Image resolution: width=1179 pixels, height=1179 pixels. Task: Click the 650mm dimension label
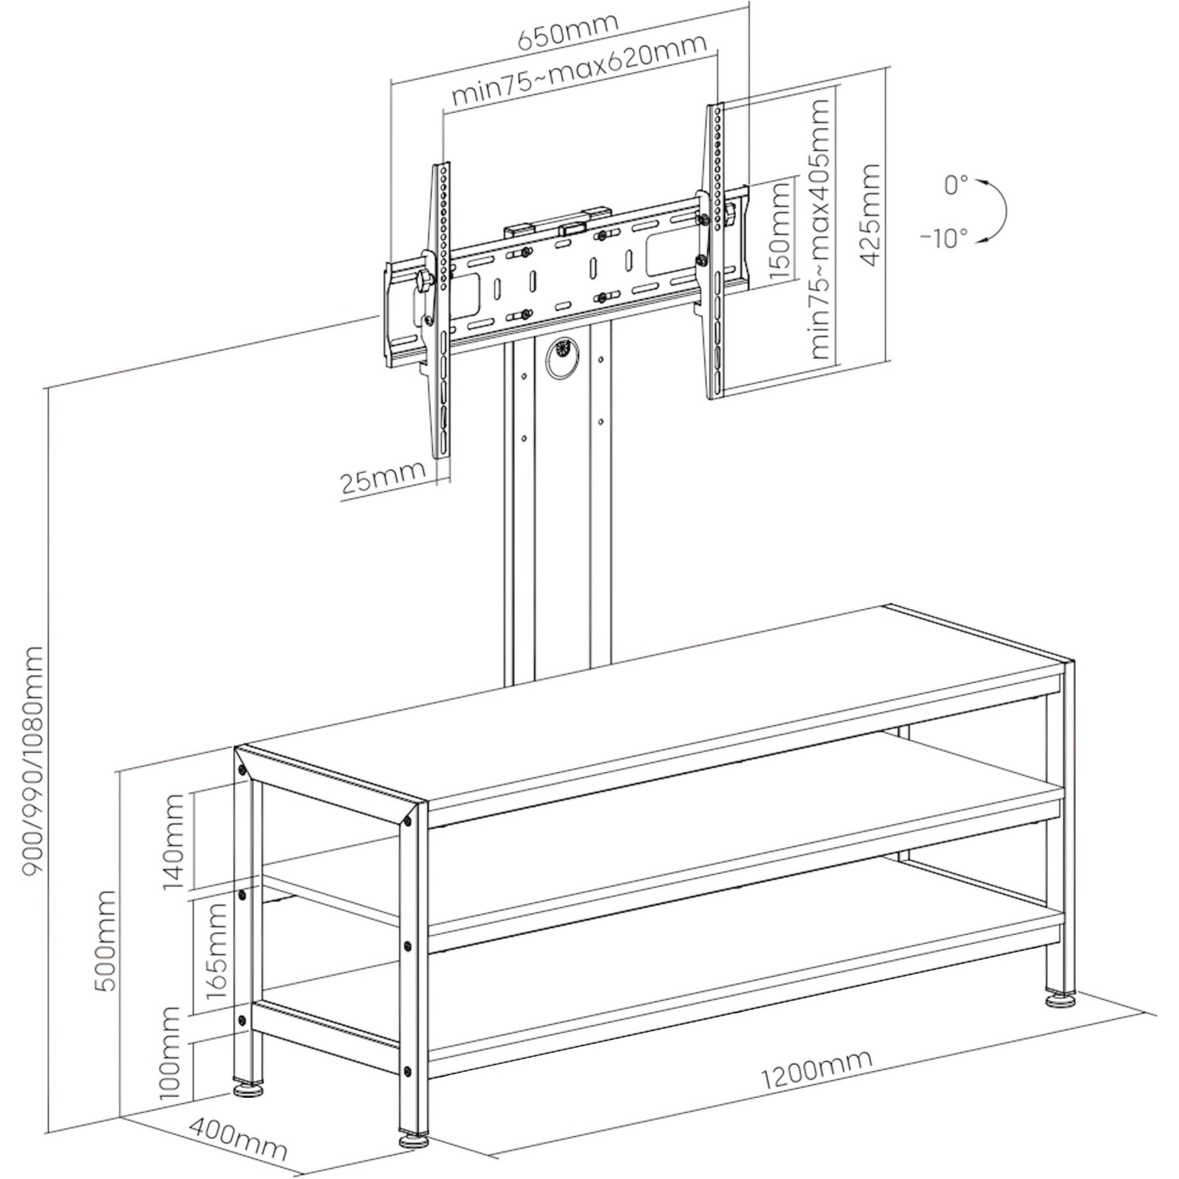pos(568,31)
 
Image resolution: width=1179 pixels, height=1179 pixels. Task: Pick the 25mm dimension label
pos(383,479)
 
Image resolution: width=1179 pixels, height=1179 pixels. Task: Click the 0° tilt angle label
pos(956,185)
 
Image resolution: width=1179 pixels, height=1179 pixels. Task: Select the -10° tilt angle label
pos(944,238)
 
